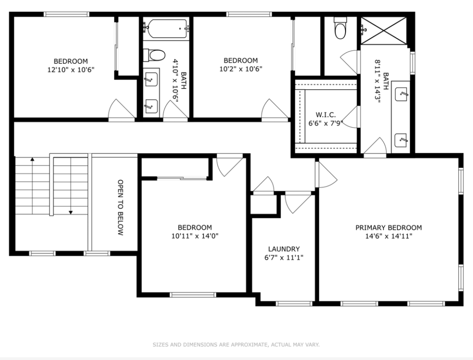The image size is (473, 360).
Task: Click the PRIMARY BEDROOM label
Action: (388, 227)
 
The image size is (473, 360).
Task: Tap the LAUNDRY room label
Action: (284, 249)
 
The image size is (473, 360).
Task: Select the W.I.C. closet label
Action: (326, 115)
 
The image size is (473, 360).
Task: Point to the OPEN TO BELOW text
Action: (121, 207)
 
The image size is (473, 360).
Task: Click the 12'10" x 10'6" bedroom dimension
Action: (71, 70)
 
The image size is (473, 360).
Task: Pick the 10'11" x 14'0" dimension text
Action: (195, 236)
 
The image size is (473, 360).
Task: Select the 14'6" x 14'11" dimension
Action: (388, 236)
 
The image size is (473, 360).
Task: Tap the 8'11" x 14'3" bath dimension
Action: (377, 81)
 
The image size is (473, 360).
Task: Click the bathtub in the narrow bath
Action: (166, 29)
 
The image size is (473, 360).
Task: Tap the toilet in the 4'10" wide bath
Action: (154, 55)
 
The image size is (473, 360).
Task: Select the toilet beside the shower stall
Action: (340, 28)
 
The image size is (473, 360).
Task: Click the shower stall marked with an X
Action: (384, 31)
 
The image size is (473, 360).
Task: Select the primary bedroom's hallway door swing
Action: (327, 175)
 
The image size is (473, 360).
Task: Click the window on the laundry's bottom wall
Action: (294, 304)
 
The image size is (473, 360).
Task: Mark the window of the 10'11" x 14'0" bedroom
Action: (193, 295)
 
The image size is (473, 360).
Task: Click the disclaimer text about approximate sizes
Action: (236, 345)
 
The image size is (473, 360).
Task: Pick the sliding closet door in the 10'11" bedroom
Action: (182, 178)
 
